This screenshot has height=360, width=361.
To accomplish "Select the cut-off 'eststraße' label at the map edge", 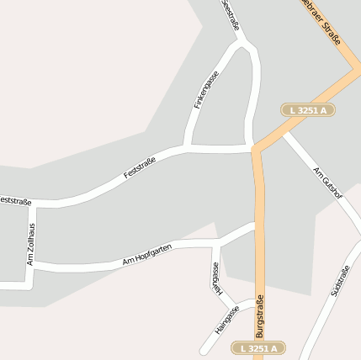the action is click(x=15, y=201).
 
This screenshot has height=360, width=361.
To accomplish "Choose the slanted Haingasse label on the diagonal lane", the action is click(x=226, y=320).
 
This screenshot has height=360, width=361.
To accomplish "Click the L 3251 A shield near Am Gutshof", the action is click(x=308, y=110).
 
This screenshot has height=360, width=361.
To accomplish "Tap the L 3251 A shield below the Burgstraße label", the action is click(x=258, y=347).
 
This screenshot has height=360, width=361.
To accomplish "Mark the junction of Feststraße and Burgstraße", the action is click(x=253, y=149).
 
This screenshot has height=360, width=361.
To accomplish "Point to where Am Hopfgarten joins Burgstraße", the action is click(x=256, y=225).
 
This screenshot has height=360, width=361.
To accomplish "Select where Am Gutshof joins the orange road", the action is click(x=284, y=132).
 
